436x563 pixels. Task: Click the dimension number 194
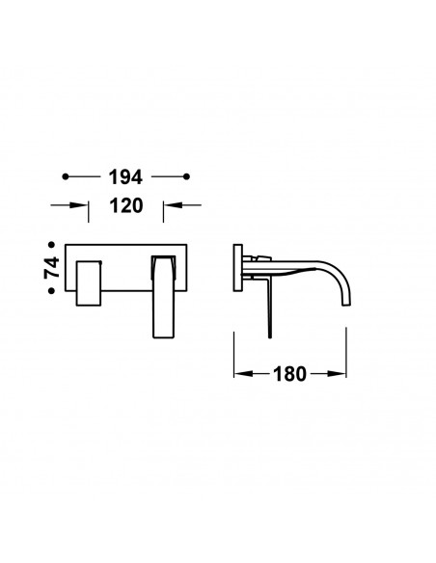(125, 177)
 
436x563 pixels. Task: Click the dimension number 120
(126, 205)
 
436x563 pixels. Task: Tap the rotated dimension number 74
(52, 267)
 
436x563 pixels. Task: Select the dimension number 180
(289, 374)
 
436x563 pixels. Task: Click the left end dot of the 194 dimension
(66, 176)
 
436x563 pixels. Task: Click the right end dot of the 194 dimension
(186, 176)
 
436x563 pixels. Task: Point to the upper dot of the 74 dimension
(52, 245)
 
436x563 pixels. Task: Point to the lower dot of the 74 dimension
(52, 290)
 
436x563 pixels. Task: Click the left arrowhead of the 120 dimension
(79, 205)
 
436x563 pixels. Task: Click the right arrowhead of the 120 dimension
(173, 205)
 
